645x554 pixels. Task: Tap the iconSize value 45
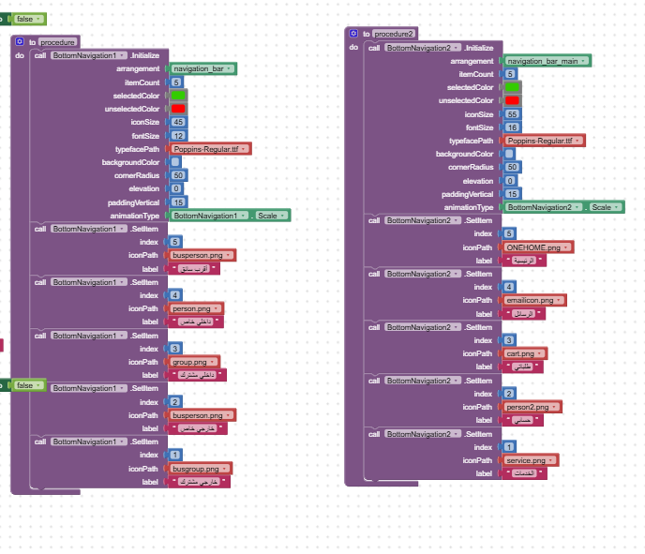178,122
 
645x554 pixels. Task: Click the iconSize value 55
511,113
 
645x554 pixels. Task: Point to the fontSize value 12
178,135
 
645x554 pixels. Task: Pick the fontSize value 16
511,127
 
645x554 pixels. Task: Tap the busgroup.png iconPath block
199,468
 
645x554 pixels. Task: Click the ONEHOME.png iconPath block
537,247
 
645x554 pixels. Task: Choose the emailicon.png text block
533,300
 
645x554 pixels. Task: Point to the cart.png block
525,353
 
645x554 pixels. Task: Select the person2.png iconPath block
531,407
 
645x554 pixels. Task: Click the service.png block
529,460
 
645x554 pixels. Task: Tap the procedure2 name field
394,33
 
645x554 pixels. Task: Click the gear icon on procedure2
353,33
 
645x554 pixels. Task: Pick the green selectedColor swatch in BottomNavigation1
178,96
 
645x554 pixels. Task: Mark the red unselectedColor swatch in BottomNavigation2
511,100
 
